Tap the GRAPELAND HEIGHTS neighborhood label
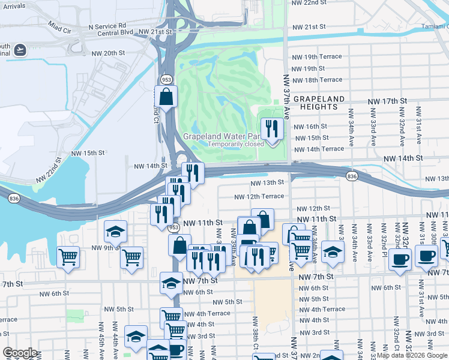pyautogui.click(x=319, y=103)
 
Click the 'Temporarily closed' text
pyautogui.click(x=236, y=144)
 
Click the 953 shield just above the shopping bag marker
pyautogui.click(x=166, y=79)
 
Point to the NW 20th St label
pyautogui.click(x=108, y=53)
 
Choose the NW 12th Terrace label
pyautogui.click(x=259, y=196)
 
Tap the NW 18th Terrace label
pyautogui.click(x=316, y=80)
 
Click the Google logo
pyautogui.click(x=20, y=353)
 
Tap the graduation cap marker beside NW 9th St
pyautogui.click(x=116, y=232)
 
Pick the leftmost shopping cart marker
pyautogui.click(x=68, y=257)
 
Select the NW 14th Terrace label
pyautogui.click(x=318, y=149)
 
